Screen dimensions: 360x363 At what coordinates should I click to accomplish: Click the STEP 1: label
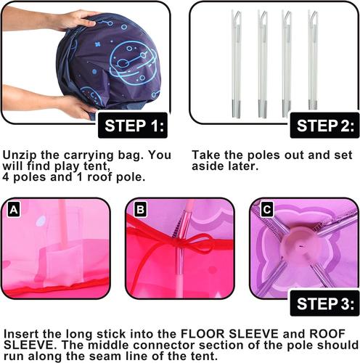pos(133,126)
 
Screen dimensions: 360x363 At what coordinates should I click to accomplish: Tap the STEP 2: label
pos(324,126)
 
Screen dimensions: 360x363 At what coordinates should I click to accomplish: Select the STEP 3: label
pos(324,303)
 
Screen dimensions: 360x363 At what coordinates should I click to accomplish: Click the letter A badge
pos(14,209)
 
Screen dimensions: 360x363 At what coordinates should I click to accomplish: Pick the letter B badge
pos(140,209)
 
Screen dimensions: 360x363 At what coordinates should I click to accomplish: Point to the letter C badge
pos(266,209)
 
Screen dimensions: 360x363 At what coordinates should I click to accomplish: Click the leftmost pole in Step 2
pos(237,64)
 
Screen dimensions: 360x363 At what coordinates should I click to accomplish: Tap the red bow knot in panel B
pos(180,242)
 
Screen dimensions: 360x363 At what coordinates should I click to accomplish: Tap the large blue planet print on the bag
pos(133,62)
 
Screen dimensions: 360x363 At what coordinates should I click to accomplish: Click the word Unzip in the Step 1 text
pos(20,155)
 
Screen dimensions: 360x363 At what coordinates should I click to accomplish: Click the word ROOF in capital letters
pos(327,334)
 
